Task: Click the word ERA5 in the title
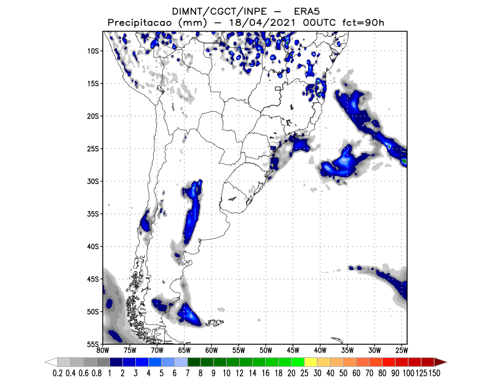[306, 12]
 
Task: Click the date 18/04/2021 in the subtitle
[262, 23]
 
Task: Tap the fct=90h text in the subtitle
[363, 23]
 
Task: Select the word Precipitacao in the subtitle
[140, 23]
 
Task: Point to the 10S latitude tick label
[93, 51]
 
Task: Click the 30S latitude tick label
[93, 181]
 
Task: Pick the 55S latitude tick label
[93, 344]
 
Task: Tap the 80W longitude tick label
[103, 350]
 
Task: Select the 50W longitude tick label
[266, 350]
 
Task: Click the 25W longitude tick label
[402, 350]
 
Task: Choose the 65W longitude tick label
[184, 350]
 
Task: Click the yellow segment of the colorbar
[311, 362]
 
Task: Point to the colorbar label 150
[435, 373]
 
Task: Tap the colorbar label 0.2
[57, 373]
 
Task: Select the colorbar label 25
[304, 373]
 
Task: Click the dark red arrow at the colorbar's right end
[440, 362]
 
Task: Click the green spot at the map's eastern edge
[404, 161]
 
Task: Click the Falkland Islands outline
[215, 322]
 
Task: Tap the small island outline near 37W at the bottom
[336, 340]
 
